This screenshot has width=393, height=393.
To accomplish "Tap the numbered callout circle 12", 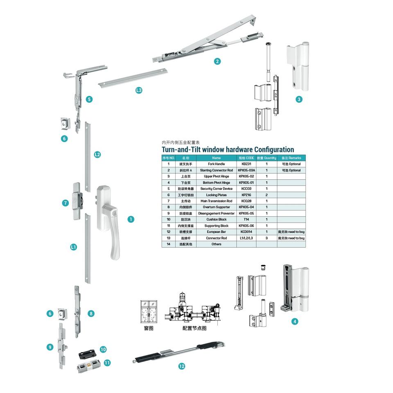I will point(182,366).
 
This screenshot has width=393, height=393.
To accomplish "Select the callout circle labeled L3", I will point(139,90).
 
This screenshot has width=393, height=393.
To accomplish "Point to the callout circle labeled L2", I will point(97,154).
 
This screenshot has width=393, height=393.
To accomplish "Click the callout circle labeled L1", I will point(73,247).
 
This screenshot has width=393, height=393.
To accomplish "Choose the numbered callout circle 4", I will point(295,321).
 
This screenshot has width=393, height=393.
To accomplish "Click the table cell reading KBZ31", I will point(246,164).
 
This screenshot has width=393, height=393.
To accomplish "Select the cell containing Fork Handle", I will point(216,164).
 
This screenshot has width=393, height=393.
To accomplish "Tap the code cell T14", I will point(246,219).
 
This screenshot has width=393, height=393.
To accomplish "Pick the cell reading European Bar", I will point(216,232).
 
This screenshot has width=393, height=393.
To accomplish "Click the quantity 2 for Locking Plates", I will point(267,195).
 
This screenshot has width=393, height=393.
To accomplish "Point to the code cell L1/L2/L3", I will point(246,238).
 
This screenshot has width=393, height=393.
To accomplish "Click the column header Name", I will point(216,158).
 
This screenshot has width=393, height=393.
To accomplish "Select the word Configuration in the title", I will point(274,149).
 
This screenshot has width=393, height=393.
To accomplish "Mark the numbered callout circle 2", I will point(217,61).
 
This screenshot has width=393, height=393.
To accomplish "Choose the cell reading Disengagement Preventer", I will point(216,213).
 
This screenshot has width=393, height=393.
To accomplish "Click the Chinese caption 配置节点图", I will point(194,328).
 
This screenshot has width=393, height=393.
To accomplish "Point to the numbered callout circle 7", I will point(65,203).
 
